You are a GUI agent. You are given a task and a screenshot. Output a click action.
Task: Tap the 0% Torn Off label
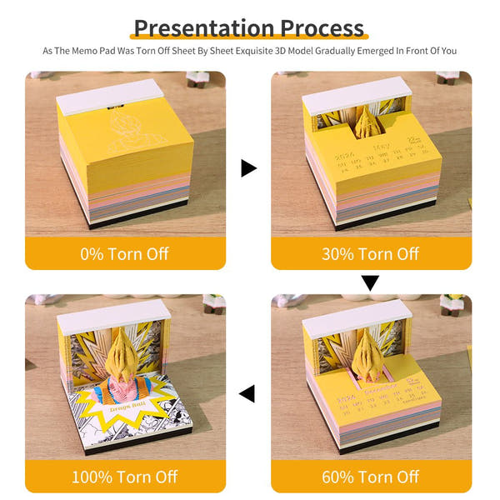tap(124, 253)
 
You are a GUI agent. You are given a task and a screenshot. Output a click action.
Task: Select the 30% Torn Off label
tap(371, 253)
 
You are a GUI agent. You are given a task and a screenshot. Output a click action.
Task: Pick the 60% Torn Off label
tap(371, 477)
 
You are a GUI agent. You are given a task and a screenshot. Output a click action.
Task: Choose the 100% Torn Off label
tap(124, 477)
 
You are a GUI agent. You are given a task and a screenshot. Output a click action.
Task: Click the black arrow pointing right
tap(248, 168)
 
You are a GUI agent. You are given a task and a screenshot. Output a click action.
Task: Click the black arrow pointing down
tap(370, 283)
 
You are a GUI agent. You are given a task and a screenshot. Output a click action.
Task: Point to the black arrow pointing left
tap(247, 392)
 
